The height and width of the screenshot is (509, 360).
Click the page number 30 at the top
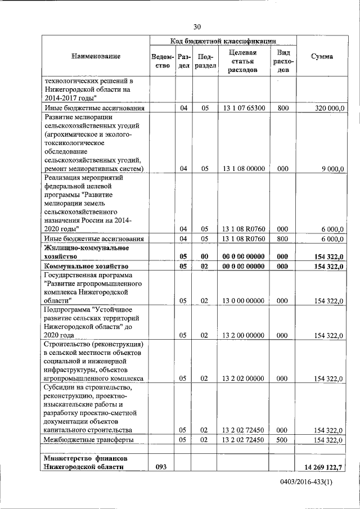coord(197,27)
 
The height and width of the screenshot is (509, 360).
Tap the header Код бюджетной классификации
coord(223,41)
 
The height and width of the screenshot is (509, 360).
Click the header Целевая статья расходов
coord(243,61)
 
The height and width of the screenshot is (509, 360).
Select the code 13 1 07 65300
coord(244,107)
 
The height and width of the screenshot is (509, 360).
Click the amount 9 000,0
coord(332,168)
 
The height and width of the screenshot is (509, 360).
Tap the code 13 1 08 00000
coord(244,168)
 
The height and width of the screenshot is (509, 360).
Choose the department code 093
coord(162,466)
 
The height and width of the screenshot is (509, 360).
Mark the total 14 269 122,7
coord(322,466)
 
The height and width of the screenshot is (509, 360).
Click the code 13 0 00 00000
coord(244,301)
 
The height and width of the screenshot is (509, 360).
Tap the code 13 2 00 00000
coord(244,335)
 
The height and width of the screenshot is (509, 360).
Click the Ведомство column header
coord(162,61)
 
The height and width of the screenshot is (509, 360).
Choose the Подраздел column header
coord(205,61)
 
